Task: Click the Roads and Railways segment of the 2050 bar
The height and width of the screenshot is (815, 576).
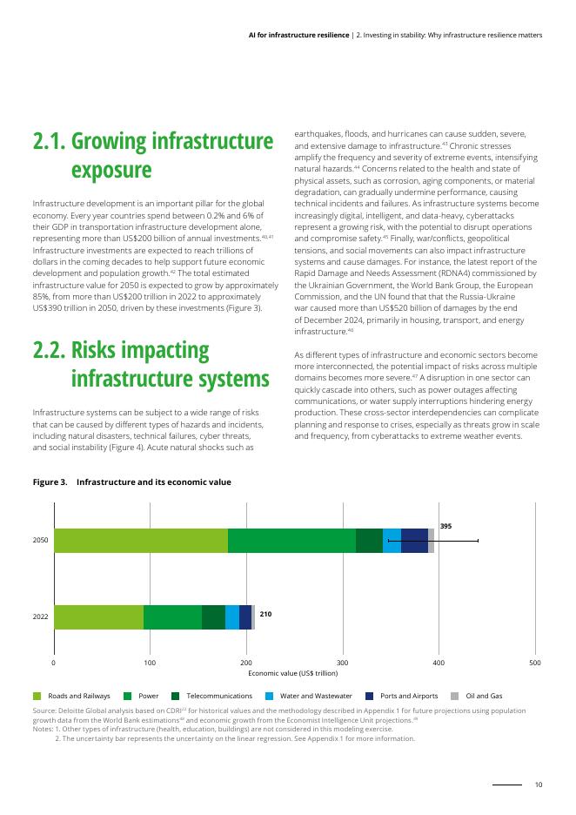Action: tap(140, 540)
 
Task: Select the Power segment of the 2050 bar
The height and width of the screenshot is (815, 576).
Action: tap(291, 540)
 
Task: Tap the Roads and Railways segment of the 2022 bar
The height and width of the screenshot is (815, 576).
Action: tap(98, 616)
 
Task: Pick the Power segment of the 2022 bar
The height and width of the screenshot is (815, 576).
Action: tap(172, 616)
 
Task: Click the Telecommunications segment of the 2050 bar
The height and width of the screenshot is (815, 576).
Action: tap(369, 540)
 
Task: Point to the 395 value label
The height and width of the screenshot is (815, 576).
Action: tap(445, 527)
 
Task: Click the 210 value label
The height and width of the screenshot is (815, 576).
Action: tap(265, 614)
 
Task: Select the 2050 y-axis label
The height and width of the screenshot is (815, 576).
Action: tap(40, 541)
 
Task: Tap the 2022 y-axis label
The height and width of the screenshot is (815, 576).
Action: tap(40, 616)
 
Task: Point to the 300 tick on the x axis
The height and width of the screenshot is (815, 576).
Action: tap(342, 664)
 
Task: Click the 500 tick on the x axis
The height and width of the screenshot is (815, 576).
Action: tap(534, 664)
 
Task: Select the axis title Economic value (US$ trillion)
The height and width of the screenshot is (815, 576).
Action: tap(293, 674)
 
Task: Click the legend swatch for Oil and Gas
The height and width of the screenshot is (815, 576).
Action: tap(454, 697)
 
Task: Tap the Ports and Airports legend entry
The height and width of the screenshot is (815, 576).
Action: tap(404, 697)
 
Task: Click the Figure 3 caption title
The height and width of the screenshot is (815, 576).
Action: tap(131, 482)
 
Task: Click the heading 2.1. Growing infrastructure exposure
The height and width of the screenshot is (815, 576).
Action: tap(152, 154)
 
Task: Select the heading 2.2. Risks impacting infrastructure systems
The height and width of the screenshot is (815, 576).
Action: tap(152, 364)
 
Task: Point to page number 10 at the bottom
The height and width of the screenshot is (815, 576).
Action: tap(539, 785)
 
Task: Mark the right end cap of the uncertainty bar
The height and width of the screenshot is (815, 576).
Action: tap(478, 541)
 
